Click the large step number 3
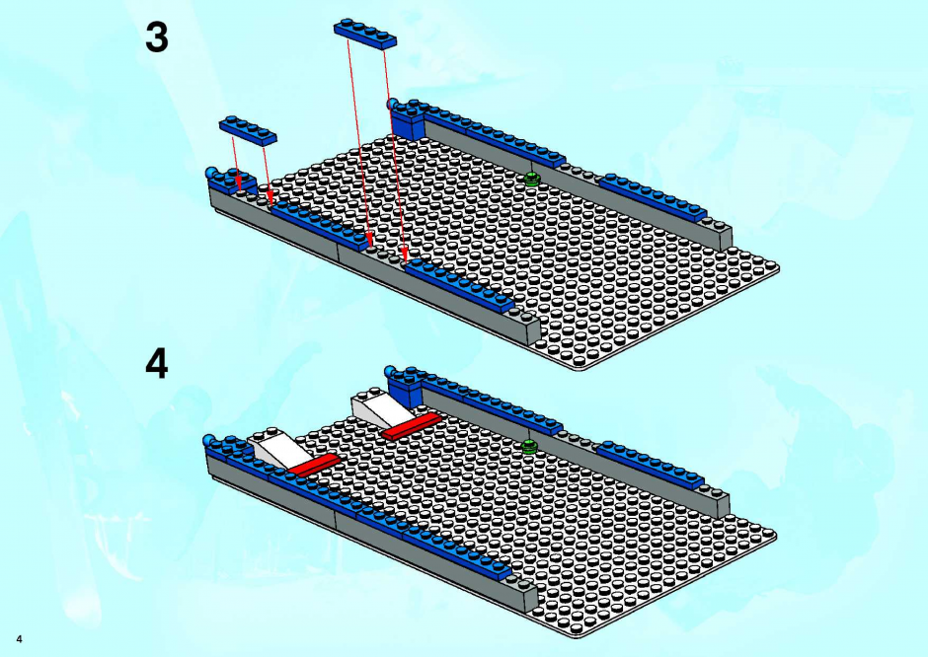tap(157, 37)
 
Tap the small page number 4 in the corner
tap(20, 639)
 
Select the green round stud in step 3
tap(532, 179)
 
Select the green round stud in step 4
tap(529, 447)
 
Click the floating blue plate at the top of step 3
tap(365, 34)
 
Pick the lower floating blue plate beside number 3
tap(248, 130)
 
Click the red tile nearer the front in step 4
tap(313, 465)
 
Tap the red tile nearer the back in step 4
tap(412, 426)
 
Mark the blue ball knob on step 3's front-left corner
tap(211, 174)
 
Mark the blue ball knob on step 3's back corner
tap(392, 105)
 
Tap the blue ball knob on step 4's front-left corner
tap(209, 441)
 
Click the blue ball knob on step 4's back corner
tap(390, 372)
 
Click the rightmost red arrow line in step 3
tap(395, 155)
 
